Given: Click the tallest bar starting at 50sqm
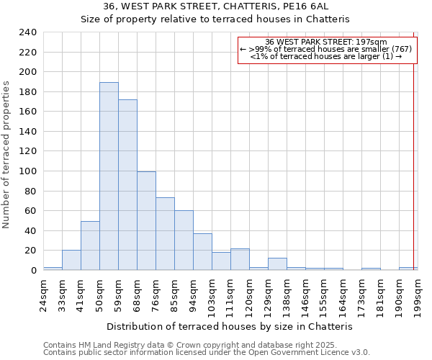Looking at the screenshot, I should tap(109, 176).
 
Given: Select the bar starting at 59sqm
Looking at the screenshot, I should tap(127, 185).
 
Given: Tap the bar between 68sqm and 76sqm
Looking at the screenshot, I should tap(146, 221).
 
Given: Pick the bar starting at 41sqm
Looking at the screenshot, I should tap(90, 246).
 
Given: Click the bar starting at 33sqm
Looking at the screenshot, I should tap(71, 260).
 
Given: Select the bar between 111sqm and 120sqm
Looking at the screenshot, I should tap(240, 259).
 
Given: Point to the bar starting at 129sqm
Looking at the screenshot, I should tap(277, 264).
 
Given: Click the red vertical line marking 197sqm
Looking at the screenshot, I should tap(414, 151).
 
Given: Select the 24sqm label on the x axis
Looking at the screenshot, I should tap(43, 291).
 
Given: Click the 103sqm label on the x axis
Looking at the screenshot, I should tap(212, 293).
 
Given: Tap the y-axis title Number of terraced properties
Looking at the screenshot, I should tap(6, 155).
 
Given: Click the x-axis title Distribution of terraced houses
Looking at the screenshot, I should tap(234, 326).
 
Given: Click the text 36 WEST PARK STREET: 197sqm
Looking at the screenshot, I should tap(326, 42).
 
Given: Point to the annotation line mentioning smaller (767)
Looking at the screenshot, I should tap(325, 49).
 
